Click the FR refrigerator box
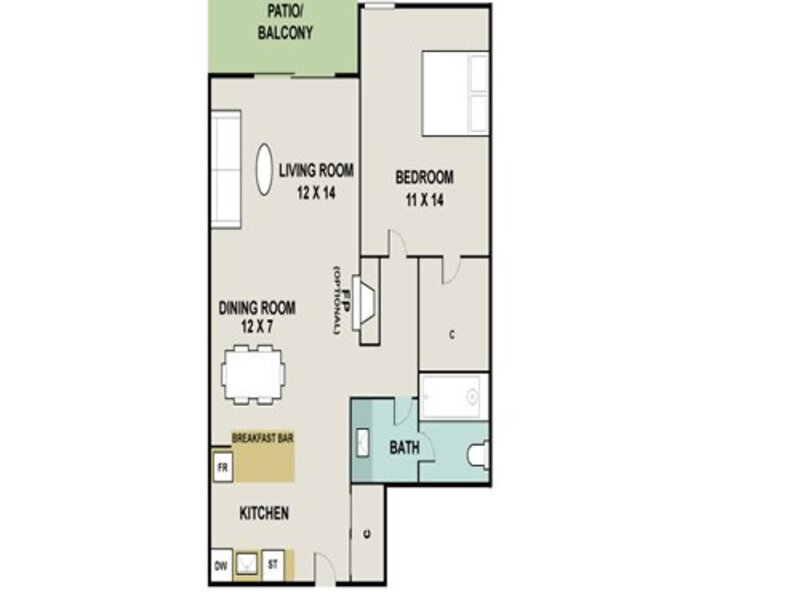[x=222, y=467]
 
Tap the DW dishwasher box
[x=221, y=565]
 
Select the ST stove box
[x=273, y=565]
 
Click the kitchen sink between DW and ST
[x=247, y=565]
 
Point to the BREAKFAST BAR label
[x=263, y=438]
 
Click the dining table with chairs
[x=254, y=375]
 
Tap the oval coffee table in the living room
[x=264, y=169]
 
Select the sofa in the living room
[x=226, y=169]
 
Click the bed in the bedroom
[x=456, y=93]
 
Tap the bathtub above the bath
[x=454, y=396]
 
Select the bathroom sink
[x=363, y=443]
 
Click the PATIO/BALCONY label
[x=285, y=22]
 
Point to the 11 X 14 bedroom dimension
[x=424, y=200]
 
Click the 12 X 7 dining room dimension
[x=257, y=326]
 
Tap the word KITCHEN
[x=264, y=513]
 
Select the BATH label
[x=405, y=447]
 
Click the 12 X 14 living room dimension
[x=316, y=193]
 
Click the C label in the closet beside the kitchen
[x=367, y=534]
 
